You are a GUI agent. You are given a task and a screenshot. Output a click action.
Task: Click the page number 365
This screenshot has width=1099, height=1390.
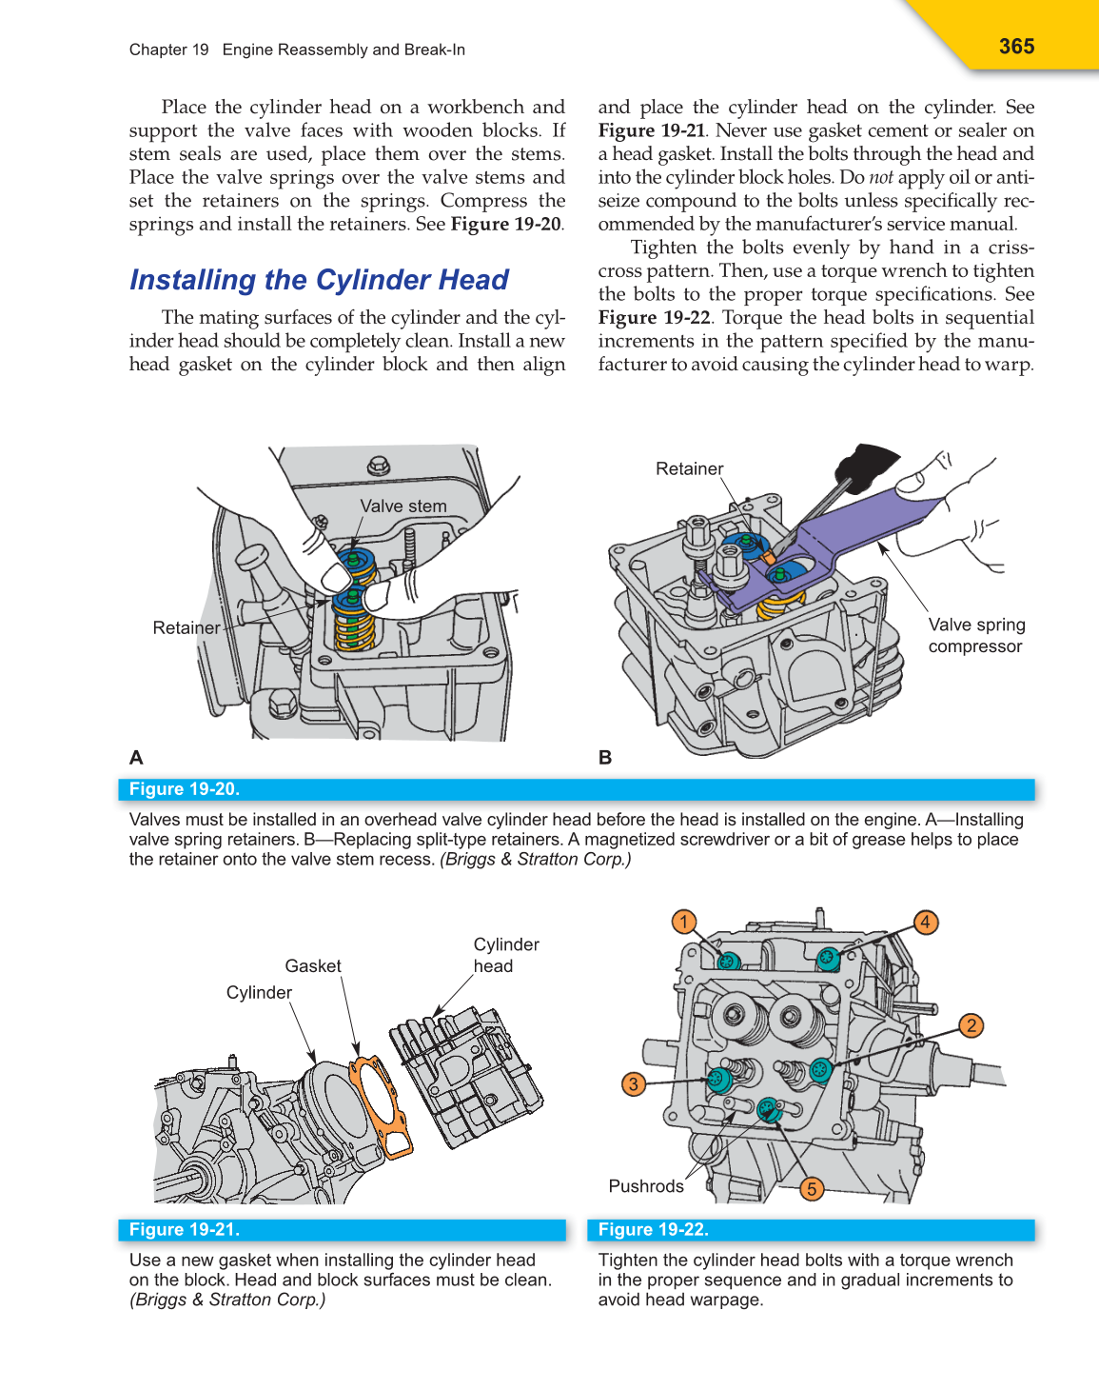tap(1016, 46)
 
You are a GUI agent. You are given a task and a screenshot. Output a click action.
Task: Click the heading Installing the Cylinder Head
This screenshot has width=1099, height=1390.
tap(319, 280)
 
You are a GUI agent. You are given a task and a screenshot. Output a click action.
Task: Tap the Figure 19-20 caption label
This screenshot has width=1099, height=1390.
tap(185, 789)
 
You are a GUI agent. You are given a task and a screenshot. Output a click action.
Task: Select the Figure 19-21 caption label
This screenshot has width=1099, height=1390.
tap(185, 1229)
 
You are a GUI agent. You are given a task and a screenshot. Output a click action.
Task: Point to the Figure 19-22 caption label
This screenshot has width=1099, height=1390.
tap(653, 1229)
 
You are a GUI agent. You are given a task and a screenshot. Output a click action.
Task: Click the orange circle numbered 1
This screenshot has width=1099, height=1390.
tap(683, 922)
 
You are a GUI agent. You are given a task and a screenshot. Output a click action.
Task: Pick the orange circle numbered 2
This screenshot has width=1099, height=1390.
tap(971, 1025)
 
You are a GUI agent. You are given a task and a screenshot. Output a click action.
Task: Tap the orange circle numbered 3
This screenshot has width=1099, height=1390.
tap(634, 1083)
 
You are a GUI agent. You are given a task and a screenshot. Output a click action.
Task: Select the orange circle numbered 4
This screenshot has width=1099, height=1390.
tap(925, 922)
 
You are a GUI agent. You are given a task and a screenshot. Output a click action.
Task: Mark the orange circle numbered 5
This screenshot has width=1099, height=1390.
tap(812, 1188)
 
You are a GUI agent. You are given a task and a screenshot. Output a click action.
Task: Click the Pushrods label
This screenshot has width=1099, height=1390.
tap(646, 1186)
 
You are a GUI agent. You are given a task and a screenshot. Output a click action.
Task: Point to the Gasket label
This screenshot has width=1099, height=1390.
tap(313, 965)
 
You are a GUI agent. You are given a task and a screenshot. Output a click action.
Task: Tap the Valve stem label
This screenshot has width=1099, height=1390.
tap(403, 506)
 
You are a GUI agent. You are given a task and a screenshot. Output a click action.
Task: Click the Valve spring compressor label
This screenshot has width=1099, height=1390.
tap(976, 635)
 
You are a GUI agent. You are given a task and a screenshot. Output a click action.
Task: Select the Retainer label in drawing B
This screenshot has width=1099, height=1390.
tap(689, 468)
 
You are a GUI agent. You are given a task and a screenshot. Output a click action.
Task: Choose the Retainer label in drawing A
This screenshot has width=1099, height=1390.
tap(186, 627)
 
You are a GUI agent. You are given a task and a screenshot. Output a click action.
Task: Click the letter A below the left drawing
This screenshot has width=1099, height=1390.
tap(136, 758)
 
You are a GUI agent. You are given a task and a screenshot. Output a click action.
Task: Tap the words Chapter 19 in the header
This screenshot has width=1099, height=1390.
tap(168, 50)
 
